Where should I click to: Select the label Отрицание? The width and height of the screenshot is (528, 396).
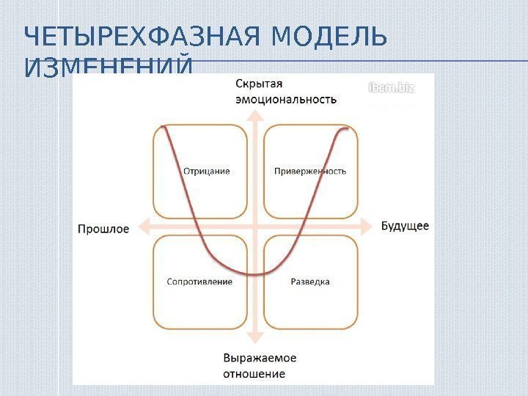tap(206, 172)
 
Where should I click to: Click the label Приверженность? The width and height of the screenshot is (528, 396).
tap(310, 172)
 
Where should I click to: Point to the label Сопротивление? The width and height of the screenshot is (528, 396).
tap(199, 282)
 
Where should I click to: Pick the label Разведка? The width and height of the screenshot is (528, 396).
tap(310, 282)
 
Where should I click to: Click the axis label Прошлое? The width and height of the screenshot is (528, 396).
tap(103, 229)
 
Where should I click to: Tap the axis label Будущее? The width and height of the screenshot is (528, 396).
tap(405, 226)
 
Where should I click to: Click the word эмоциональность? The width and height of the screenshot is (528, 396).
tap(286, 100)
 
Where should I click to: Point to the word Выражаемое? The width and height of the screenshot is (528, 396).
tap(260, 359)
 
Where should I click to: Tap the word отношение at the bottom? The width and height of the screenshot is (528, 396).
tap(254, 374)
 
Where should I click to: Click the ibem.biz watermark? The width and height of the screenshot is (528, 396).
tap(391, 88)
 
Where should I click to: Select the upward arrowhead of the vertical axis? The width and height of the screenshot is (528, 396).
tap(254, 114)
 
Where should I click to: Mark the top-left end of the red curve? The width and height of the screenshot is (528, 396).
tap(164, 127)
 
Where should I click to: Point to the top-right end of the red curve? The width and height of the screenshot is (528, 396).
tap(346, 129)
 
